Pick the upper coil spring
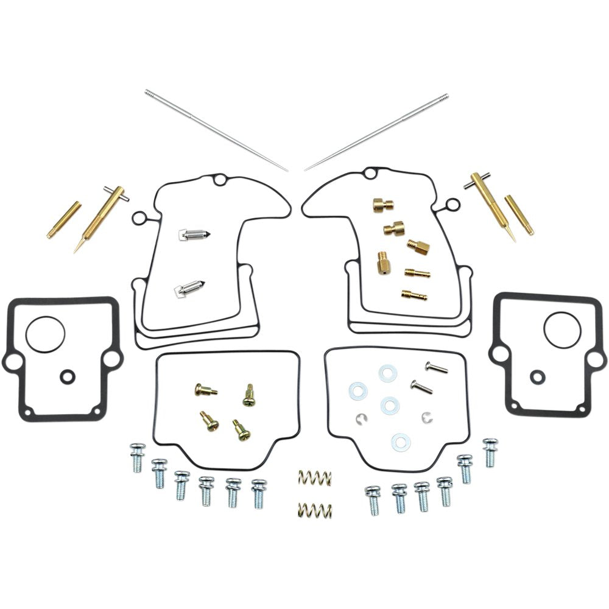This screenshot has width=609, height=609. coord(315,478)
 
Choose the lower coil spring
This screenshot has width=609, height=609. coord(315,509)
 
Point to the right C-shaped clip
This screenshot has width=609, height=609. coord(426,417)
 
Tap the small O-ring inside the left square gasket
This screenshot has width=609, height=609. coord(66,377)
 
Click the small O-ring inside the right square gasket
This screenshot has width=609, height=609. coord(537,377)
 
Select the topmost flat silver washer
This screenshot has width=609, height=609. coord(387,373)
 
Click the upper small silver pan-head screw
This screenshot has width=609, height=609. coord(436,367)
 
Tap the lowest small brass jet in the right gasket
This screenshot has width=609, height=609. coord(414,295)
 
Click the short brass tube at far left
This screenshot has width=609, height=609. coord(64,220)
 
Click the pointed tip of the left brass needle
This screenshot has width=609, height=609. coord(75,252)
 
